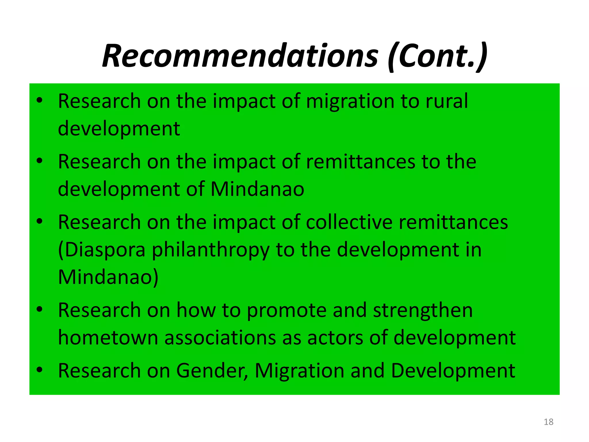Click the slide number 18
point(548,422)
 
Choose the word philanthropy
point(211,250)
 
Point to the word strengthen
point(423,310)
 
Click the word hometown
point(108,338)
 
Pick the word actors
point(335,338)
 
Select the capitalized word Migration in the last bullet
point(299,371)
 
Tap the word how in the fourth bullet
point(196,310)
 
